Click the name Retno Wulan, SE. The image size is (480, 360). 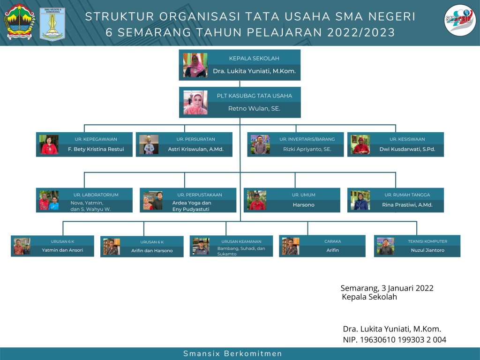tap(254, 109)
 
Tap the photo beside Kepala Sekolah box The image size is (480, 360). tap(195, 65)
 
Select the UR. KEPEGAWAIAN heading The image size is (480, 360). tap(96, 139)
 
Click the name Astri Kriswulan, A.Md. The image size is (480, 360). tap(195, 150)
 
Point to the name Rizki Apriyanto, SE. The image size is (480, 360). tap(307, 150)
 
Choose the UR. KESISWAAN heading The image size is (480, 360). tap(407, 139)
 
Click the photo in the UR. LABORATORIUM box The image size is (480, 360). tap(49, 200)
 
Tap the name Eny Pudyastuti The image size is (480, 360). tap(191, 209)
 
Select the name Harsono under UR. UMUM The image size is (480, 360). tap(303, 205)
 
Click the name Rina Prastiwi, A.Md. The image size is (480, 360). tap(407, 205)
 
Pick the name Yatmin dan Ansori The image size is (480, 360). tap(62, 250)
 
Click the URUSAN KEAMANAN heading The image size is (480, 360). tap(241, 241)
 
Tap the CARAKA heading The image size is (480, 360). tap(332, 241)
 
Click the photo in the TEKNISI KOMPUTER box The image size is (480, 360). tap(385, 246)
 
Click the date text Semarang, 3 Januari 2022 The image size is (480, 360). tap(387, 288)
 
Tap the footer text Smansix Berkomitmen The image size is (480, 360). tap(232, 354)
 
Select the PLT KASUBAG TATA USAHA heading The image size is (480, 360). tap(254, 96)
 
